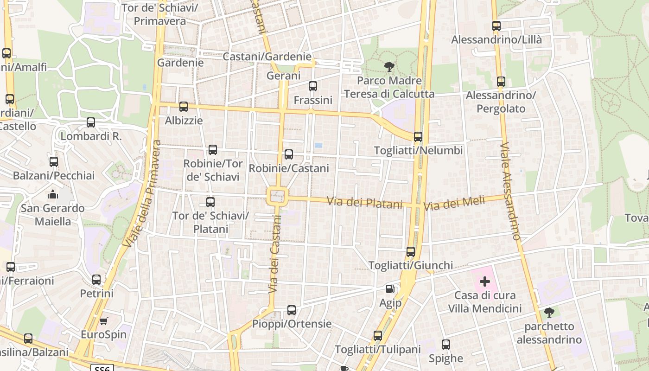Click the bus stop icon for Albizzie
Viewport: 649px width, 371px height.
(x=184, y=107)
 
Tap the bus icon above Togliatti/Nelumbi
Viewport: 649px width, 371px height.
(x=418, y=137)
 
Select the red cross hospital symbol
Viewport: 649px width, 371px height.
(x=485, y=281)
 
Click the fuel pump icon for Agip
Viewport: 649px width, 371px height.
(x=390, y=289)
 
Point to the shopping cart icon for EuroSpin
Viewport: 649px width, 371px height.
(x=104, y=321)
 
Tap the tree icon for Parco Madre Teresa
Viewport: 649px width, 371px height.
(x=389, y=67)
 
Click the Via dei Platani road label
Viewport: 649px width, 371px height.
(x=365, y=203)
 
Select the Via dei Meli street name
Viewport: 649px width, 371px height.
(x=454, y=203)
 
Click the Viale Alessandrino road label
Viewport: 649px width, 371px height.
(x=511, y=191)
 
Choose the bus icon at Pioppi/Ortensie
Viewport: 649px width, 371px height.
(x=292, y=310)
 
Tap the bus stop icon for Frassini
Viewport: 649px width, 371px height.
(x=313, y=86)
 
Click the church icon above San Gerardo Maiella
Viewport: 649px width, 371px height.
(x=53, y=194)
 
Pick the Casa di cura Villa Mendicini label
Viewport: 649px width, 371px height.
(x=484, y=302)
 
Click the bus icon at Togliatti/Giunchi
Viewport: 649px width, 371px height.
(x=411, y=252)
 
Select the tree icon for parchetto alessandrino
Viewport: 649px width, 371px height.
(x=549, y=313)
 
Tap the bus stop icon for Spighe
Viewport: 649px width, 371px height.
(x=446, y=345)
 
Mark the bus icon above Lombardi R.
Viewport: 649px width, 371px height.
(x=91, y=122)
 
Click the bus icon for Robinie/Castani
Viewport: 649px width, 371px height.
(x=289, y=154)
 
